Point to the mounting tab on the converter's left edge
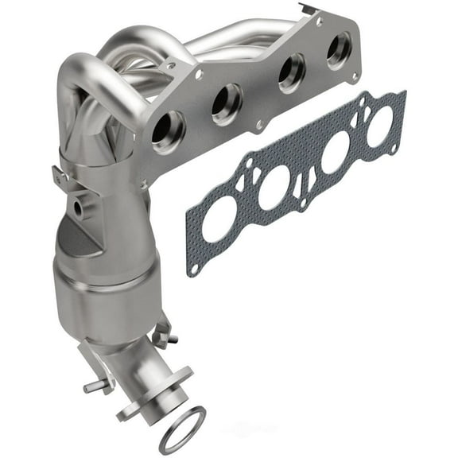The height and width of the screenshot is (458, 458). coord(63,179)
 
